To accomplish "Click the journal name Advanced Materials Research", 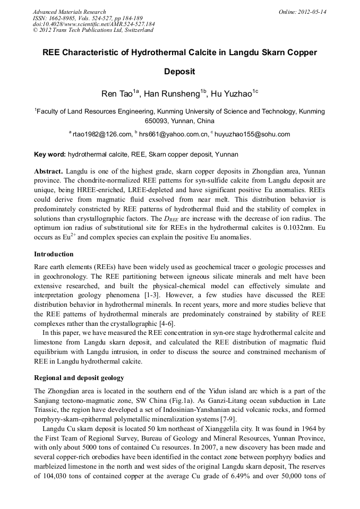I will click(69, 12).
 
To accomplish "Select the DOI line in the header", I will click(94, 24).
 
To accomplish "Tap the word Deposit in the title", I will click(180, 71).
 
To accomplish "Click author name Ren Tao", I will click(116, 94).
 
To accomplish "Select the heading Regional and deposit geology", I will click(79, 378).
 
